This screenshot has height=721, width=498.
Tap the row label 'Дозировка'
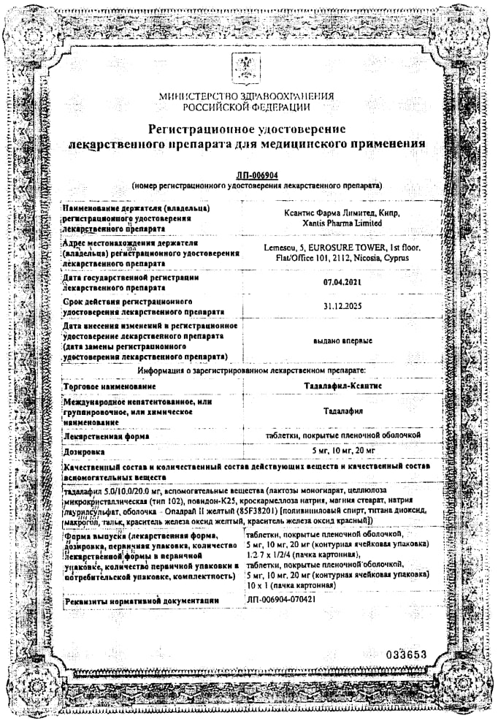[x=84, y=453]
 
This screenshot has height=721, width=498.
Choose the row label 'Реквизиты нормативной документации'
[x=142, y=600]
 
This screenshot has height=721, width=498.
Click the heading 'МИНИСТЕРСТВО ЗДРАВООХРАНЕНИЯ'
[x=246, y=96]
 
